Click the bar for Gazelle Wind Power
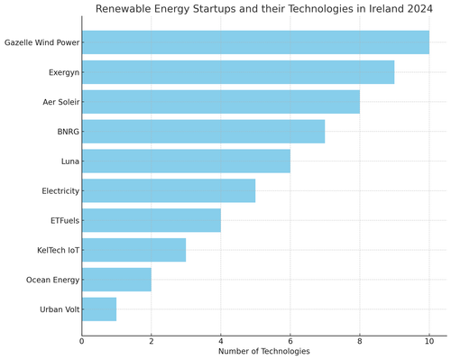(x=255, y=42)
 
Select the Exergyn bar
(x=238, y=72)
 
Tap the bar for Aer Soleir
(x=221, y=102)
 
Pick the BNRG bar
(x=203, y=132)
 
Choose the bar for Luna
(x=186, y=162)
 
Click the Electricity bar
(x=169, y=191)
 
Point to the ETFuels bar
(x=152, y=221)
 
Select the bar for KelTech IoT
(x=133, y=250)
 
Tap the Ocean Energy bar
(x=116, y=280)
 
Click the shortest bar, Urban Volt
(x=99, y=309)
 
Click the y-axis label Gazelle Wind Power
(x=41, y=42)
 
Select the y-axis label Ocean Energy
(x=47, y=281)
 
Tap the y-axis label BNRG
(x=64, y=132)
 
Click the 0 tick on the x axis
(x=82, y=340)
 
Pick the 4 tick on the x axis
(x=221, y=340)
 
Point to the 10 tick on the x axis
(x=429, y=340)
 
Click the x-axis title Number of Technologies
(x=264, y=352)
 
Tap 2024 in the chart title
(x=417, y=9)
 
